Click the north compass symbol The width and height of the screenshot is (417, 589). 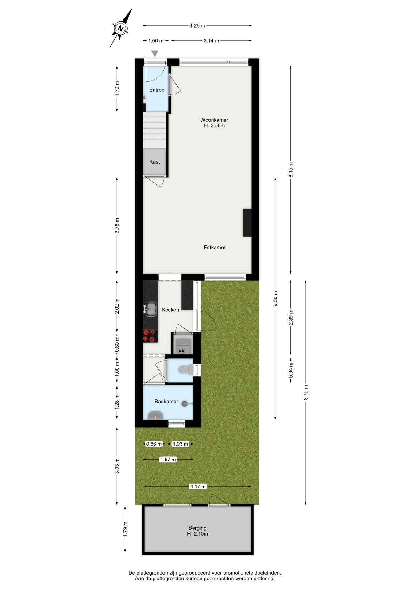tap(121, 29)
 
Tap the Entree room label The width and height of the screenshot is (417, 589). tap(157, 90)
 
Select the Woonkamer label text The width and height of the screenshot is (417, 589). tap(214, 120)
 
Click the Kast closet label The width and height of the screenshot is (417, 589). tap(154, 162)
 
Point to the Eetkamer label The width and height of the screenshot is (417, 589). tap(214, 247)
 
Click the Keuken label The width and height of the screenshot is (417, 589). tap(170, 310)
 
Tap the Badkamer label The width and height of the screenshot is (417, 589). tap(166, 401)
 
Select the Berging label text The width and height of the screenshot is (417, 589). tap(197, 528)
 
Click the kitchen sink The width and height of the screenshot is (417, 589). tap(150, 309)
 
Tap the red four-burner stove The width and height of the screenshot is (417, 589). tap(150, 336)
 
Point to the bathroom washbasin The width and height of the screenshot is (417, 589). tap(155, 416)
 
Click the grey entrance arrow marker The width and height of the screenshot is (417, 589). tap(155, 53)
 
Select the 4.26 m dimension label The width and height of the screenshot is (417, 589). tap(197, 25)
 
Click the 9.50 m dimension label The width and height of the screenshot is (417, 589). tap(275, 298)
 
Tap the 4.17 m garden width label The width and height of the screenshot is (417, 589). tap(198, 486)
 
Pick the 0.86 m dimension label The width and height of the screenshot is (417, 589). tap(154, 444)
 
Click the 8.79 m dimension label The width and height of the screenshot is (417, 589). tap(306, 392)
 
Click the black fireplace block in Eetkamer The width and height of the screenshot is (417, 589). tap(247, 222)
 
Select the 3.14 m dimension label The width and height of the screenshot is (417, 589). tap(211, 40)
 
